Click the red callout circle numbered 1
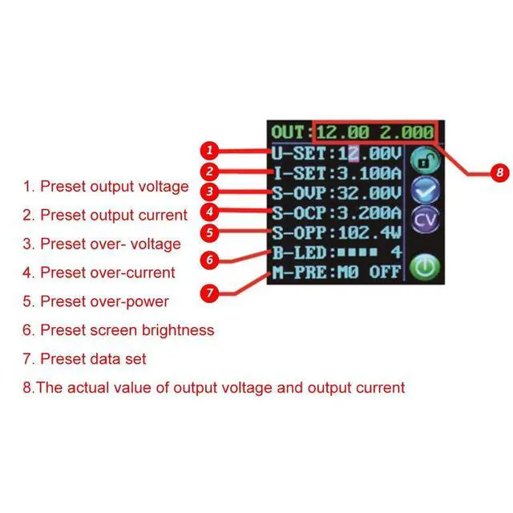tap(208, 150)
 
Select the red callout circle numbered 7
tap(209, 293)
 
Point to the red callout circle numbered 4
tap(208, 213)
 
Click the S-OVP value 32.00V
tap(370, 193)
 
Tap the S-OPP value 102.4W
tap(370, 235)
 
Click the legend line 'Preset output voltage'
tap(105, 187)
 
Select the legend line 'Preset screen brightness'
tap(118, 329)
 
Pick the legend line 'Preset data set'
tap(84, 358)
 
